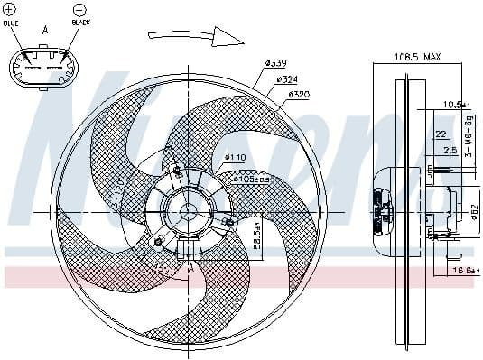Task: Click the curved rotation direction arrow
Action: pos(196,35)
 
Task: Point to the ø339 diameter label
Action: pos(275,62)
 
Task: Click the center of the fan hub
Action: pos(188,212)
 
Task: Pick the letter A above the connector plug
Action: pos(45,30)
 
